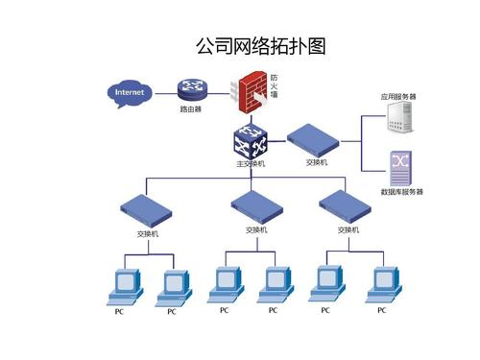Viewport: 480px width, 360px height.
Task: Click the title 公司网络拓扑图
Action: click(260, 46)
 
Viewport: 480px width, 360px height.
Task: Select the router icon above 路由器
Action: click(191, 91)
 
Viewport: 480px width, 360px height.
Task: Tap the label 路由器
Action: click(191, 109)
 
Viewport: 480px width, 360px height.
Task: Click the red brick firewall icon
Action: click(252, 93)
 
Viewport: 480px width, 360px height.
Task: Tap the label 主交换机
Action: click(251, 164)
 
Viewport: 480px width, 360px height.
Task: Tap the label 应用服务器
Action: click(398, 97)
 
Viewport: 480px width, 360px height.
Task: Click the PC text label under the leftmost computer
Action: click(119, 311)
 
